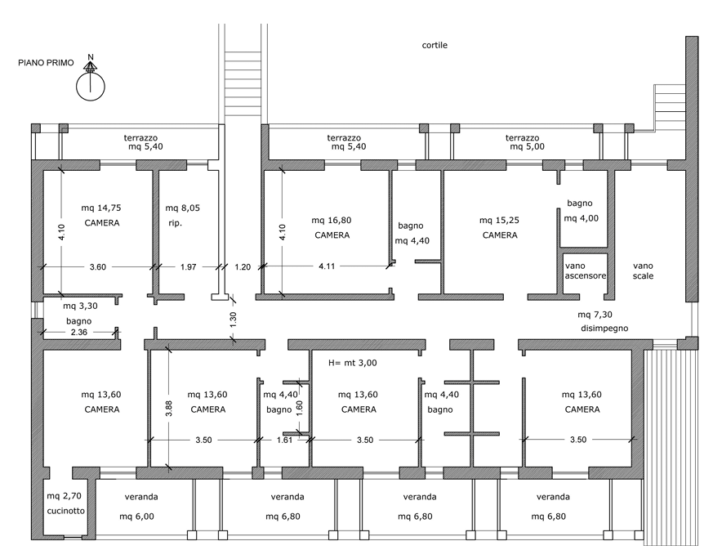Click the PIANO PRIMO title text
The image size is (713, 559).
click(x=46, y=63)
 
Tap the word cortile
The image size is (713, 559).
click(x=434, y=45)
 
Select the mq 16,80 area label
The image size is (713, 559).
click(x=332, y=220)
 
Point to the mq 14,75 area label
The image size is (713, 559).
click(x=101, y=208)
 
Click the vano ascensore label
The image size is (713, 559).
click(x=586, y=271)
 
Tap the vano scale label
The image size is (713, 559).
click(x=643, y=271)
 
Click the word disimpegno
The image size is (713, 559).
click(x=604, y=329)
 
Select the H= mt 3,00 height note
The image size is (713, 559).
click(x=352, y=363)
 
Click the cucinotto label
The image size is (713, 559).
click(x=66, y=511)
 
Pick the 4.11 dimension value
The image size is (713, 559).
click(x=327, y=266)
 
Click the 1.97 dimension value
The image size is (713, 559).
click(x=188, y=267)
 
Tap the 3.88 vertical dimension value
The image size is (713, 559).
click(x=169, y=408)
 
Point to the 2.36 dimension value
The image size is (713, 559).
click(x=79, y=332)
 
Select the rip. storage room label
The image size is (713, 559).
click(x=175, y=223)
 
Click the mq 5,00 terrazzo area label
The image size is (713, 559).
click(x=527, y=146)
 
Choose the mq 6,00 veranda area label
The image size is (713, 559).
click(x=137, y=517)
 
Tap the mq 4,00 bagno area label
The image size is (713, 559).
click(x=582, y=218)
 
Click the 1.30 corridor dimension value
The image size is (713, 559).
click(x=234, y=320)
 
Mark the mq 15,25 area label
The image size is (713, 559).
click(x=499, y=220)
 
